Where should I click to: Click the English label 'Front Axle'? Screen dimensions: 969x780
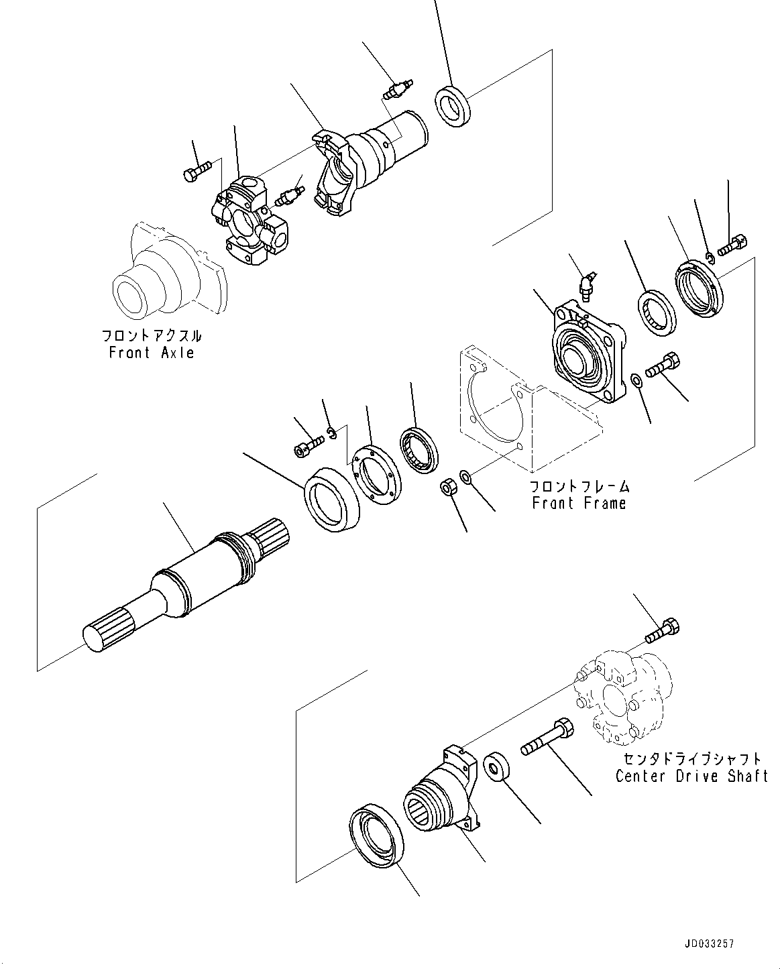click(x=152, y=353)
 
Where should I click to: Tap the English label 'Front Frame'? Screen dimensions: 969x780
click(x=579, y=503)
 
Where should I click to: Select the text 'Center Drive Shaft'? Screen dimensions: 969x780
click(x=691, y=776)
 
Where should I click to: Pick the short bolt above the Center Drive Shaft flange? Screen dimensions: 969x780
click(x=663, y=631)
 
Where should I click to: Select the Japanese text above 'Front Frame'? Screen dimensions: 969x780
click(x=579, y=486)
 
